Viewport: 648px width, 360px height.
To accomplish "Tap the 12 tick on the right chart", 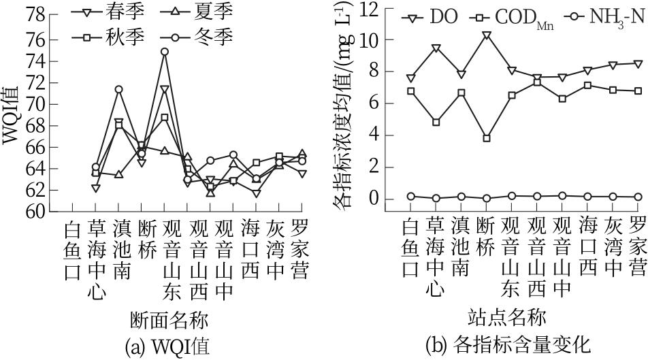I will (378, 10).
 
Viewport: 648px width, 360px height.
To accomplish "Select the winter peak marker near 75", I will (165, 52).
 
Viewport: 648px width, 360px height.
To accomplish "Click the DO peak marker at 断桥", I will (486, 35).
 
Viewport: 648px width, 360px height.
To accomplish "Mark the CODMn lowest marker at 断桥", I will (486, 138).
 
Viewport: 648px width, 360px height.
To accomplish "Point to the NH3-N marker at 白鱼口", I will (410, 196).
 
